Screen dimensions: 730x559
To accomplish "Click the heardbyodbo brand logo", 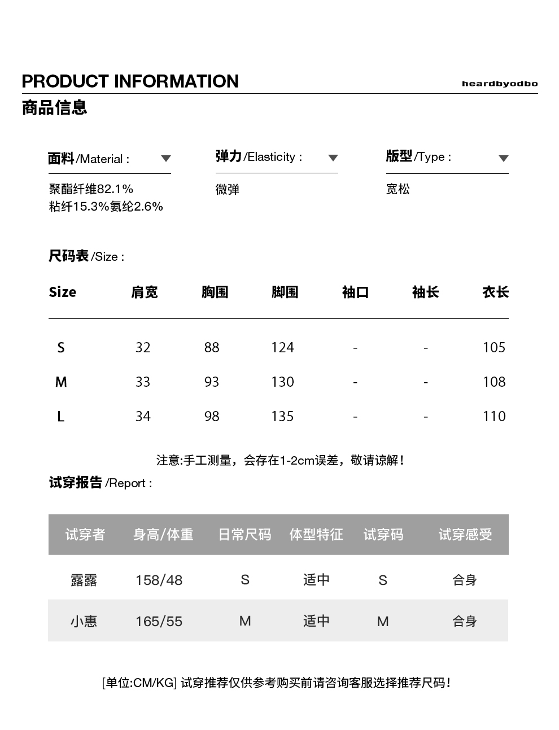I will (x=499, y=84).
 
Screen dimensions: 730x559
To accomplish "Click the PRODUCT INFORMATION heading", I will (x=130, y=81).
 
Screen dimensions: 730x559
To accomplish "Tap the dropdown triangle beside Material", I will (x=165, y=159).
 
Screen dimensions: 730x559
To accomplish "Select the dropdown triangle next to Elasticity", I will (x=333, y=158).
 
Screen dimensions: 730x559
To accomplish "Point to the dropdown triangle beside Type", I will (x=504, y=159).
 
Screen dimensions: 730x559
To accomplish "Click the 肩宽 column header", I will (x=145, y=292).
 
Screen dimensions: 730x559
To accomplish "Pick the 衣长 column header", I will (x=495, y=292).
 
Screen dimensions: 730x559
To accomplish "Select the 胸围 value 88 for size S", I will (x=212, y=347).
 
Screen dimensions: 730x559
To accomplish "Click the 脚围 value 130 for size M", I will (x=282, y=382).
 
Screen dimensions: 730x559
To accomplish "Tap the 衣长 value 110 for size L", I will (x=494, y=416).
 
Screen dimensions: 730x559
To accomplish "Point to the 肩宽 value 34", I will (x=143, y=416).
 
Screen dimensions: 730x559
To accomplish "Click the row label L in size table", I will (x=61, y=417).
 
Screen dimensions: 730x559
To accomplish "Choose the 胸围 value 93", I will (x=212, y=382).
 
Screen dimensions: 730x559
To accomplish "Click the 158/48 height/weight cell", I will (x=159, y=580).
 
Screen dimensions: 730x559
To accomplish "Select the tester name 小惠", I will (x=84, y=621).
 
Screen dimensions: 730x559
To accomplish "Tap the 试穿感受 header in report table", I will (x=465, y=534).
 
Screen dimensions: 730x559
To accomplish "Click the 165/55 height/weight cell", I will (x=159, y=621).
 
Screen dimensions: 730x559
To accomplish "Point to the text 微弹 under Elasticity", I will (x=228, y=189).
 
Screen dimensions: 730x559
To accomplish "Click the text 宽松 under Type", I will (x=398, y=189).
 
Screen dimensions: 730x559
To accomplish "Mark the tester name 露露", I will (x=84, y=580).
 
